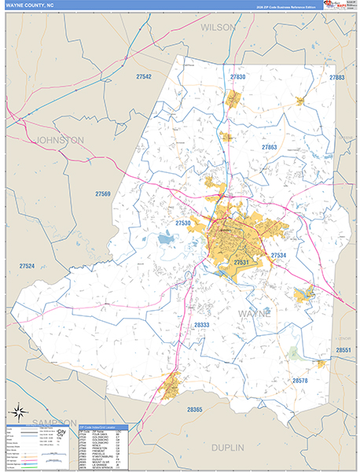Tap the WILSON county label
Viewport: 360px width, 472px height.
pyautogui.click(x=218, y=27)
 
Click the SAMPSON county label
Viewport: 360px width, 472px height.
pyautogui.click(x=53, y=423)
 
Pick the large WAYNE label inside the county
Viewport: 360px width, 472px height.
pyautogui.click(x=253, y=313)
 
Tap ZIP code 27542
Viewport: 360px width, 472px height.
pyautogui.click(x=144, y=77)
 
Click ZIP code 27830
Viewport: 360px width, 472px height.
pyautogui.click(x=237, y=77)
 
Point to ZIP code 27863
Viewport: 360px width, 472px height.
pyautogui.click(x=270, y=147)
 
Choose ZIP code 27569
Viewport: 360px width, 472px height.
pyautogui.click(x=104, y=194)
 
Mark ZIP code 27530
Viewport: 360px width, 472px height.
pyautogui.click(x=183, y=223)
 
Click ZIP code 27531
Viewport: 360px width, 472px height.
pyautogui.click(x=241, y=262)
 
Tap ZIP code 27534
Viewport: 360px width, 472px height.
pyautogui.click(x=278, y=256)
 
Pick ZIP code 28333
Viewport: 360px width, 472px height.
pyautogui.click(x=201, y=324)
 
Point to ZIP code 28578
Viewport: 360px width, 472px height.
pyautogui.click(x=301, y=381)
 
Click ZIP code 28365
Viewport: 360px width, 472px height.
pyautogui.click(x=195, y=409)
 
